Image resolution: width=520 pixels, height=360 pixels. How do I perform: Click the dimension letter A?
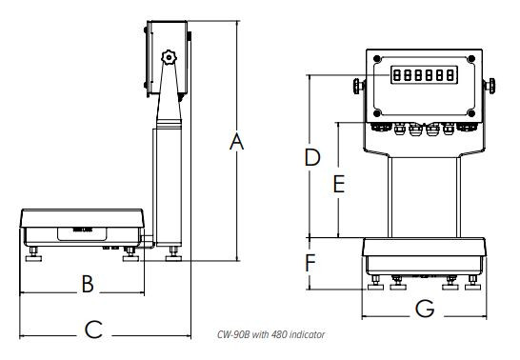[238, 143]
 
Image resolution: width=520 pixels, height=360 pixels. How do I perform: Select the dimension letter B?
[86, 284]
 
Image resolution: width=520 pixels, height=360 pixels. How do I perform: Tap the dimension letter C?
[92, 330]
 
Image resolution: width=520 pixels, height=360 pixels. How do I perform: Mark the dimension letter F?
[310, 260]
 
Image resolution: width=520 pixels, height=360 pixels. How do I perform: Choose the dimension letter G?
[426, 309]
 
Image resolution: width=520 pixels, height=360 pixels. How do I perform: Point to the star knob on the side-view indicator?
[170, 59]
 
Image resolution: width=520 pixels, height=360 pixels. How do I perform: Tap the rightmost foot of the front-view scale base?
[473, 283]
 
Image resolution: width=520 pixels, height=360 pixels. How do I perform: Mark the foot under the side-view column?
[173, 255]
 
